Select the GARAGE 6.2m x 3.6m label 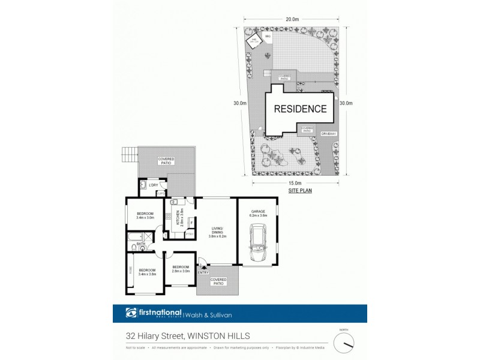coord(258,214)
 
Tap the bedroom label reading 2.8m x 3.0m coord(181,269)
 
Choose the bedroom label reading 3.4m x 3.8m coord(146,272)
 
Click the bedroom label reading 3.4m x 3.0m coord(145,216)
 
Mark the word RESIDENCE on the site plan coord(301,109)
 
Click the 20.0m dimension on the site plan coord(292,20)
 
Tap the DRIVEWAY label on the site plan coord(328,133)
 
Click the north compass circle coord(344,343)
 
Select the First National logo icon coord(131,313)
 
